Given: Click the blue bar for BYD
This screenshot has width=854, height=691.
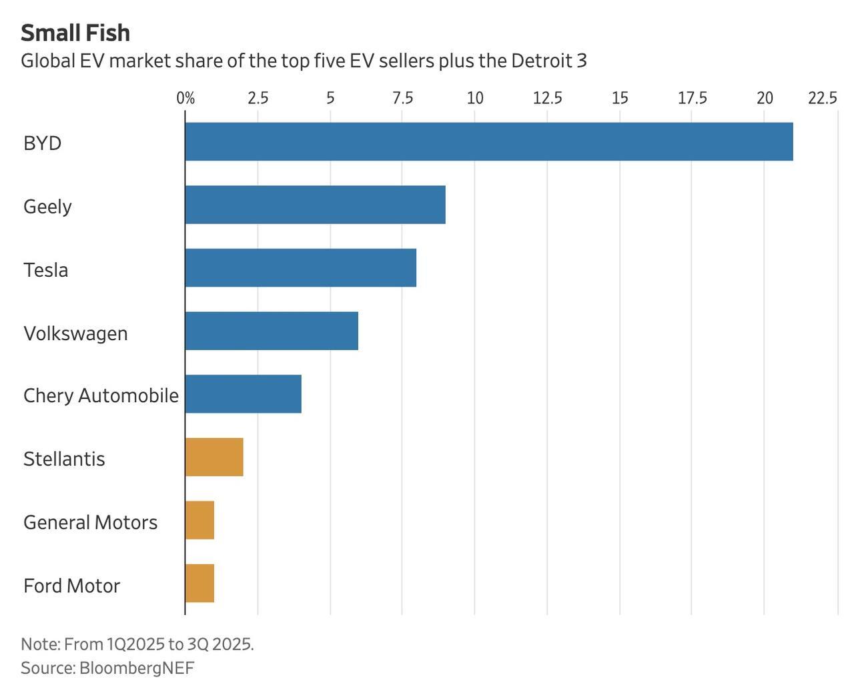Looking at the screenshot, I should (488, 141).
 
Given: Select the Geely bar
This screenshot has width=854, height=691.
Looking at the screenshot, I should (315, 205).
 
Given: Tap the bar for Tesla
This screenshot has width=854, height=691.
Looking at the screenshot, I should (300, 267).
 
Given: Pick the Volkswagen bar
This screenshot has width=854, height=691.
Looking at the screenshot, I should (272, 331).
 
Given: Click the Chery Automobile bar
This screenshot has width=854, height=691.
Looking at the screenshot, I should (243, 394).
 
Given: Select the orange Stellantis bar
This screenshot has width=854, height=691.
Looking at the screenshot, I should (214, 457).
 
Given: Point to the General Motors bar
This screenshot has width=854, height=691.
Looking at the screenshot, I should (199, 520).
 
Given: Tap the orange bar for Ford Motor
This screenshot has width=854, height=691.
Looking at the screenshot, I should (199, 583).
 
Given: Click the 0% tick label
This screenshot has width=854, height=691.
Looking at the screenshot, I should (185, 99).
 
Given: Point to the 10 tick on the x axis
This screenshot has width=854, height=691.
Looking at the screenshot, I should (474, 99).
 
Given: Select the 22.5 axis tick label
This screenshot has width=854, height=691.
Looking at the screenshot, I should (822, 99).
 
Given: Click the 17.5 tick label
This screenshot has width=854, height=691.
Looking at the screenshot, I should (692, 99).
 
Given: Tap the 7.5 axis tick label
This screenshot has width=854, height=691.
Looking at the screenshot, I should (402, 99).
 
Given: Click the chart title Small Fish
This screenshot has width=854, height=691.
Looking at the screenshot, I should (75, 33).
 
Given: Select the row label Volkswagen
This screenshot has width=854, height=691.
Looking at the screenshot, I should (75, 333).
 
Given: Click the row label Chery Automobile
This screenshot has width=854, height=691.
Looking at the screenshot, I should (101, 396).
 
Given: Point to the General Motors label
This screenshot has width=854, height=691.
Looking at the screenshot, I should (90, 522).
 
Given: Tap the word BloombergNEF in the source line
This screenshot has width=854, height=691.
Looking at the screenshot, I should (137, 668).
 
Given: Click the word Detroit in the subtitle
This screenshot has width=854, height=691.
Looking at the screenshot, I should (540, 61).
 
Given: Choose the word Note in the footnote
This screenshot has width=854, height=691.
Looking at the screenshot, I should (40, 644).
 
